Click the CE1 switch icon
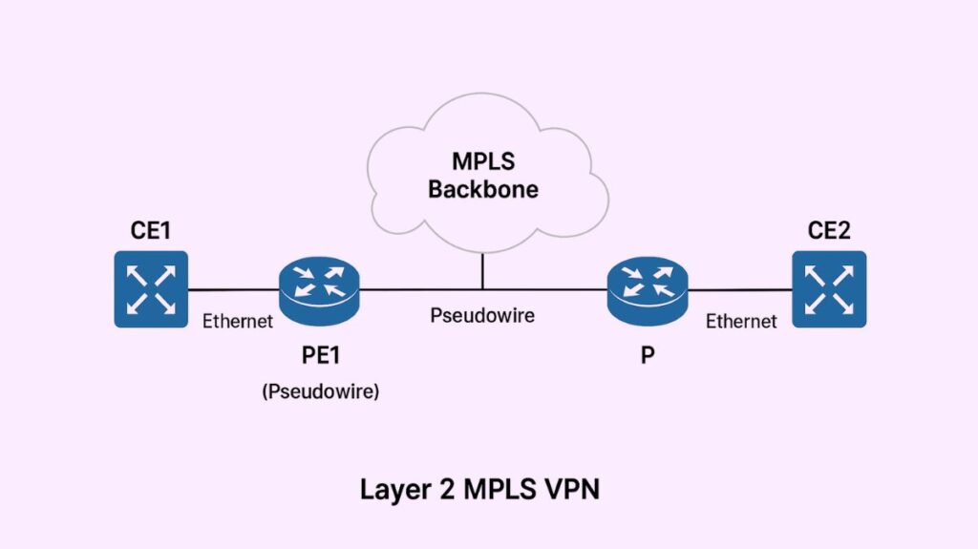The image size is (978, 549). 151,288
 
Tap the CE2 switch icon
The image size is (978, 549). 828,288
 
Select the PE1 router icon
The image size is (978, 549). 320,287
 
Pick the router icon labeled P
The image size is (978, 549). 647,287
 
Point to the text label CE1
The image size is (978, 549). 151,230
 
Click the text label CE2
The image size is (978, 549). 828,230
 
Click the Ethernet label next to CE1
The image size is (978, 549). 238,322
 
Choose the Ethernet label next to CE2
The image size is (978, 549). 741,322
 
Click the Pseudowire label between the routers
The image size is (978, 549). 482,315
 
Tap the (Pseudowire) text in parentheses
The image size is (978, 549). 320,391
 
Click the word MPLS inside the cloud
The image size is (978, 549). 482,160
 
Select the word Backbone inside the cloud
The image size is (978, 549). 482,189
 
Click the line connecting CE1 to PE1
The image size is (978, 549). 233,288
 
